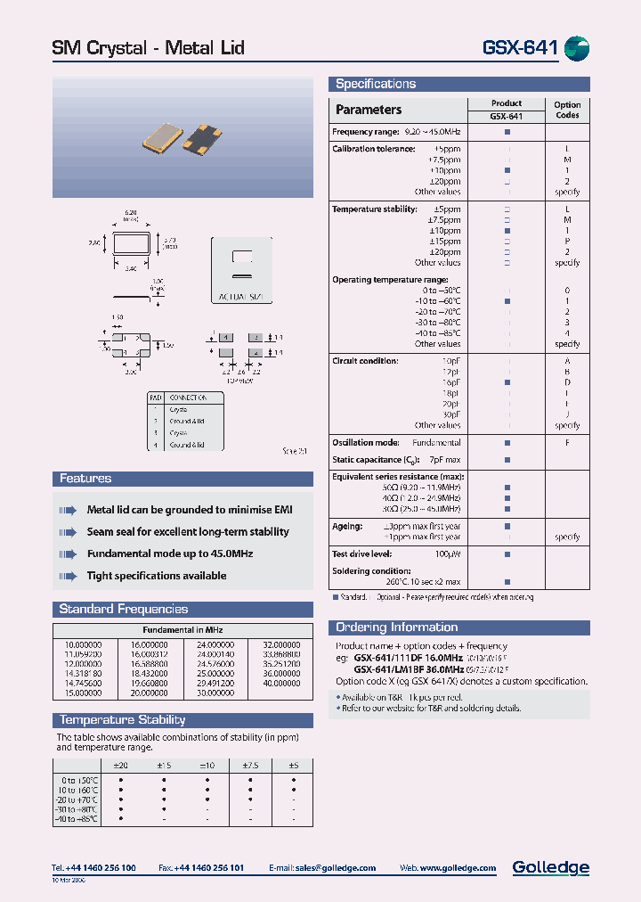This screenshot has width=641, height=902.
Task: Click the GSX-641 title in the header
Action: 520,47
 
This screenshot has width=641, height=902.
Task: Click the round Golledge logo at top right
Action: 577,47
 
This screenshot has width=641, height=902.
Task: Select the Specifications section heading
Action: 376,84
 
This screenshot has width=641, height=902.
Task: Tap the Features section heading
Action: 85,479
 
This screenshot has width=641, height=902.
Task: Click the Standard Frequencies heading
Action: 123,609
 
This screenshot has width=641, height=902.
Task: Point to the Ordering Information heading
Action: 396,627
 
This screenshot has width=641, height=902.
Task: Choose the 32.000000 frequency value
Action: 281,644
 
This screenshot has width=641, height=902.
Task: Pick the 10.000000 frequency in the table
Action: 83,644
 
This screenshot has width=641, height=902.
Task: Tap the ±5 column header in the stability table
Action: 294,765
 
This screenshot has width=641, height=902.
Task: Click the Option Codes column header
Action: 567,110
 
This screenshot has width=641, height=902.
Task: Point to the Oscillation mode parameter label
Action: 366,442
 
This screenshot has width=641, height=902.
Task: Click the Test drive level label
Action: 363,553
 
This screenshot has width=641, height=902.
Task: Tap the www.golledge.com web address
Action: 457,867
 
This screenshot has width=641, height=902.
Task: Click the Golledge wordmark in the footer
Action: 550,867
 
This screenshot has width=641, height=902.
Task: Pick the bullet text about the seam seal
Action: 187,532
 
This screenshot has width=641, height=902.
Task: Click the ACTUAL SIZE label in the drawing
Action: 240,295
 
